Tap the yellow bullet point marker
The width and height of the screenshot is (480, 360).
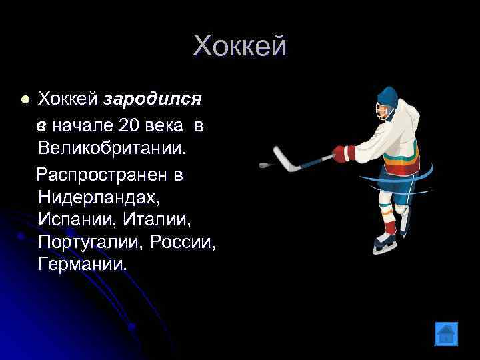click(x=25, y=99)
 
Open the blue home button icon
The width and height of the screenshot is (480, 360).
click(x=445, y=333)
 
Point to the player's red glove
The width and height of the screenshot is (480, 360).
click(x=343, y=153)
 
